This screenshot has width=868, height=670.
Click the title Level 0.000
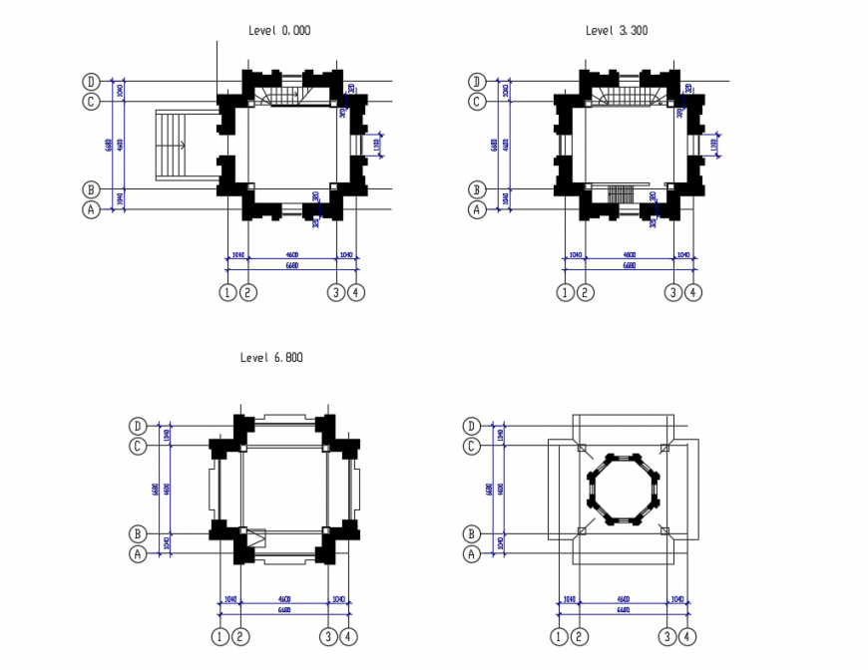(x=279, y=31)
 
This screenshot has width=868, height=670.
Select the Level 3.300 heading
(x=617, y=31)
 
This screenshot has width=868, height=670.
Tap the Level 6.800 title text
(x=271, y=357)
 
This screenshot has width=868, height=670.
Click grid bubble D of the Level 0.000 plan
(x=91, y=82)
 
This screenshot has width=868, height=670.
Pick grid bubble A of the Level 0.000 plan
(x=91, y=209)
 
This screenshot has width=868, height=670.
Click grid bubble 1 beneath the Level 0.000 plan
(x=227, y=292)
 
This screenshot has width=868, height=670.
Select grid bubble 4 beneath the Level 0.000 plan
(x=356, y=292)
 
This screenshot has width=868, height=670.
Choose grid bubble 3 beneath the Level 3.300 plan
(x=673, y=292)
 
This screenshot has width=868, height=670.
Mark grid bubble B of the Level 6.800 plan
(x=138, y=533)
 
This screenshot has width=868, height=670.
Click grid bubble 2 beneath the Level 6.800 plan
(x=240, y=636)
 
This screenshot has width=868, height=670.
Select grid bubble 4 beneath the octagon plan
(x=687, y=636)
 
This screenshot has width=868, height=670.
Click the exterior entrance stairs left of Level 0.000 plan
(x=173, y=146)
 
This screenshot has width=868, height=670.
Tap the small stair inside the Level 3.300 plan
(x=621, y=191)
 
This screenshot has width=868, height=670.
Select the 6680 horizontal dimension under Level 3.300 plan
(x=629, y=266)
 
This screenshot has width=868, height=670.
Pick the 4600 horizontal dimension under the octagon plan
(x=623, y=600)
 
